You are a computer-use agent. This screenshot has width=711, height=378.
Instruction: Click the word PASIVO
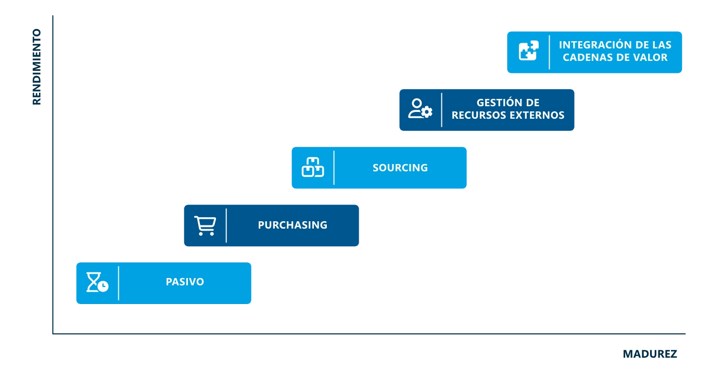click(185, 282)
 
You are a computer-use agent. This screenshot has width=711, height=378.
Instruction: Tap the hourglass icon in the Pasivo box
click(97, 282)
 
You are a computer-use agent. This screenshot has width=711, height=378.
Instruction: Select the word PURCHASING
click(293, 225)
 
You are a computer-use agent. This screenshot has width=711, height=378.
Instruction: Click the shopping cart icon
click(205, 225)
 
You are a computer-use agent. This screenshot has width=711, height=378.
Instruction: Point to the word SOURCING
click(400, 168)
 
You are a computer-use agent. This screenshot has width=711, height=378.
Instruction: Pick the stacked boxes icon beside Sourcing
click(313, 167)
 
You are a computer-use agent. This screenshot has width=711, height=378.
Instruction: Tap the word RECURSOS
click(478, 116)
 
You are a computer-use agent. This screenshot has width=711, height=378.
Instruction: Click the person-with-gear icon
click(420, 109)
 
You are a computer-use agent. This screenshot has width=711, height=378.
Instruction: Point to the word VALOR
click(650, 58)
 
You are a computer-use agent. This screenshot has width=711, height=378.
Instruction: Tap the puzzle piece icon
click(528, 51)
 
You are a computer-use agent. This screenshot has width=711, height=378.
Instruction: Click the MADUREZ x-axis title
click(650, 354)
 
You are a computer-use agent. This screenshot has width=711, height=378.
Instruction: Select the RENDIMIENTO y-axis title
click(36, 67)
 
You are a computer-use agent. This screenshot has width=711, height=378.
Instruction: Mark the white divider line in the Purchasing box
click(226, 225)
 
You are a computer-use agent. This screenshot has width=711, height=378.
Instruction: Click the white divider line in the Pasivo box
click(119, 283)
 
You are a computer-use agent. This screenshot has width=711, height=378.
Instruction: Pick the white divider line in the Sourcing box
click(334, 168)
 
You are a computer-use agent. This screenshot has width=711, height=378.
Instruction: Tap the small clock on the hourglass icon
click(103, 286)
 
